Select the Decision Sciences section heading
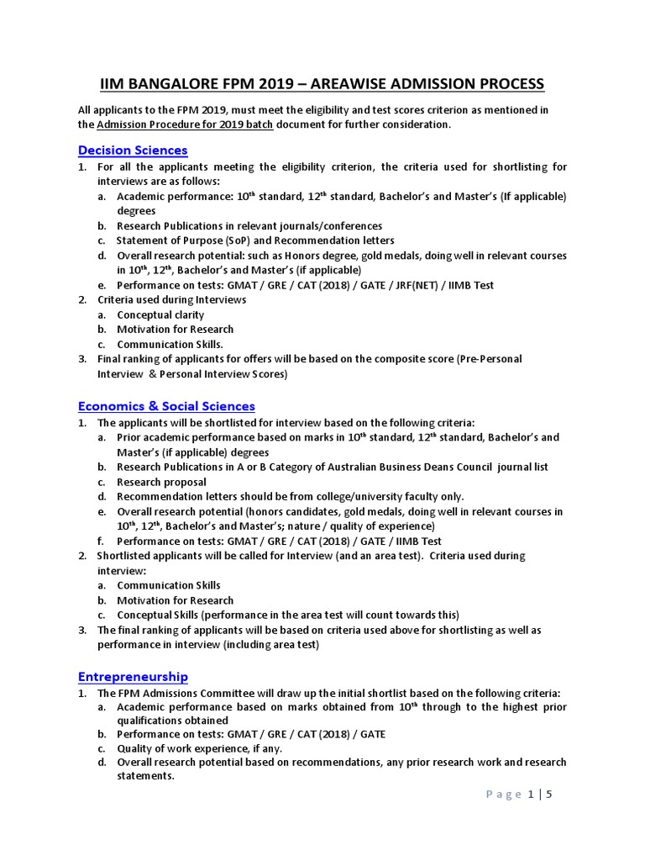point(133,151)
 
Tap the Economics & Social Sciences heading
point(166,406)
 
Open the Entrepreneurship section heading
point(133,677)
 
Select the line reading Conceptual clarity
point(160,314)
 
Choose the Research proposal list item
point(161,482)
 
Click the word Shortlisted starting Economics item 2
point(126,556)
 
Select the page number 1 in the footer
point(531,795)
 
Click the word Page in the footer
point(503,795)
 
